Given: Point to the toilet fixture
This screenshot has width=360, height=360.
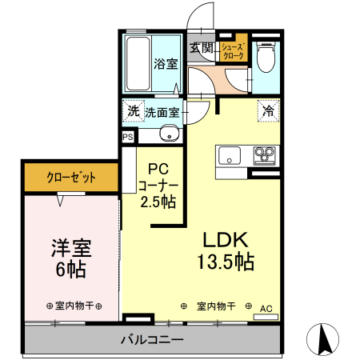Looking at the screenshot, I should click(x=266, y=56).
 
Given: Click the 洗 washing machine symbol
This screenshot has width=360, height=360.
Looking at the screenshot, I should click(x=132, y=111).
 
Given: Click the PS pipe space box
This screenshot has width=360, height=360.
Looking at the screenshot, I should click(x=128, y=138).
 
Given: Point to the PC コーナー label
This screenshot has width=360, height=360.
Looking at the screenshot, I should click(x=158, y=186).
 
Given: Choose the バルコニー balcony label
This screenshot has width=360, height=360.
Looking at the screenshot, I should click(x=152, y=339).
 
